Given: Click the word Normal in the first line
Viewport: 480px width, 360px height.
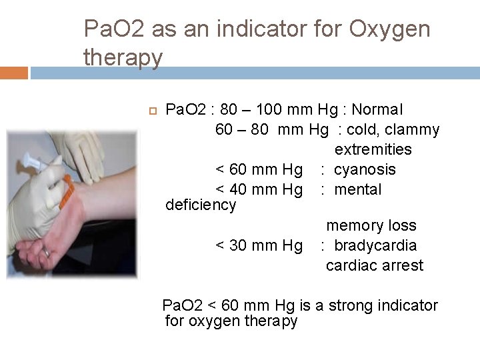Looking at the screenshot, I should point(377,109).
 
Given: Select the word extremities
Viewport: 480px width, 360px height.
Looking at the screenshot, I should point(373,149).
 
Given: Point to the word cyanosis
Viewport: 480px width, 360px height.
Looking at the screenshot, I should point(365,169).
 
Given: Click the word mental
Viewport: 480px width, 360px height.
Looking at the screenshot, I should point(358,189).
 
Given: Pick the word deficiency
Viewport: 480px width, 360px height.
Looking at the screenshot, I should point(201,205).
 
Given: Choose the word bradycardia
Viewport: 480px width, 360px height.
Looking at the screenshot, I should point(375,245).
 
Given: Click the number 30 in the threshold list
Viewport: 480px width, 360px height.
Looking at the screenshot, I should point(239,245).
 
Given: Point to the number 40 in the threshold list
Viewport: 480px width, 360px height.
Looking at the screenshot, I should point(239,189).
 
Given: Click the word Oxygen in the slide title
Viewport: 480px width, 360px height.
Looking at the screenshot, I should point(387,29).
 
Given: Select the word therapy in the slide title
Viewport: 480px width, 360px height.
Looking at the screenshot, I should point(123,57).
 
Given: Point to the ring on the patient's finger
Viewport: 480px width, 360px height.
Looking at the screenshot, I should point(46,253).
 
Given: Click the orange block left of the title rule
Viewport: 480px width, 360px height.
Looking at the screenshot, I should point(14,73).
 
